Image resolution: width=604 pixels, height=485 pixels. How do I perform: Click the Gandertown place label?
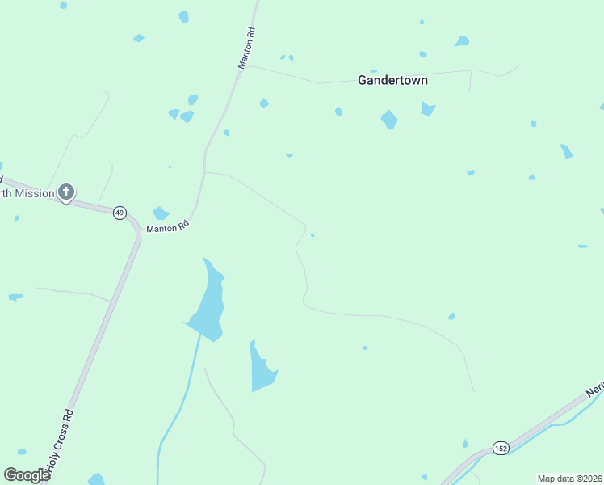(x=392, y=81)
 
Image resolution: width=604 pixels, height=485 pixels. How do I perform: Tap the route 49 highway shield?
(x=120, y=213)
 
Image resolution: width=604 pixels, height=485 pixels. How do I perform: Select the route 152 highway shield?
(x=501, y=449)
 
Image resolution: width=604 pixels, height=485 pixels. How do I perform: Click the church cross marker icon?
(x=66, y=192)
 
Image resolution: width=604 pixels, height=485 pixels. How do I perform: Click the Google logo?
(x=27, y=475)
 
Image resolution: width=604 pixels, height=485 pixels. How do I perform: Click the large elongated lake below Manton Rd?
(x=209, y=303)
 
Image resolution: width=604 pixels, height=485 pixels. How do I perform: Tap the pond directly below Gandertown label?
(x=389, y=120)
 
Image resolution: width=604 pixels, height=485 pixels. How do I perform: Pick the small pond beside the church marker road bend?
(x=161, y=213)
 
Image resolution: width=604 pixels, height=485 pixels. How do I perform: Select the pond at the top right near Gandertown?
(x=461, y=41)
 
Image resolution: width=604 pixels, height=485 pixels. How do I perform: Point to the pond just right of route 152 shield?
(x=465, y=443)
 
